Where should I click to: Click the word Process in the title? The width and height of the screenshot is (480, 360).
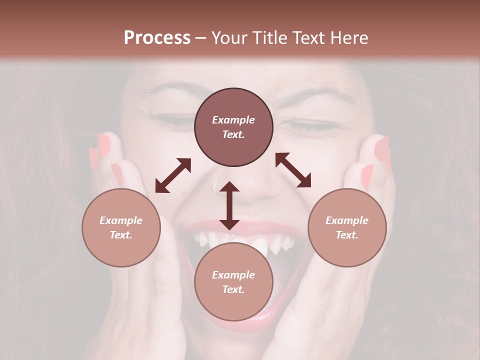pyautogui.click(x=157, y=38)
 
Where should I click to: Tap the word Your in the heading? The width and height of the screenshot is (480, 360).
pyautogui.click(x=229, y=38)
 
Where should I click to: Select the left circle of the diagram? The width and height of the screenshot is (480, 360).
pyautogui.click(x=121, y=227)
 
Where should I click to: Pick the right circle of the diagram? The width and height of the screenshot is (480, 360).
pyautogui.click(x=347, y=227)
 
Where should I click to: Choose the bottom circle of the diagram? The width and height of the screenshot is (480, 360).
pyautogui.click(x=233, y=282)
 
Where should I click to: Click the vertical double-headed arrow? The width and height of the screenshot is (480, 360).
pyautogui.click(x=229, y=205)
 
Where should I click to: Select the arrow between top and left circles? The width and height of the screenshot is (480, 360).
pyautogui.click(x=173, y=175)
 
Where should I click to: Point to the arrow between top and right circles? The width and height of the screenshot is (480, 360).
pyautogui.click(x=293, y=170)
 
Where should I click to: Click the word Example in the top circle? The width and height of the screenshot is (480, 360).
pyautogui.click(x=233, y=120)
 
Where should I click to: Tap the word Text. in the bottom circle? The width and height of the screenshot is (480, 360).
pyautogui.click(x=233, y=289)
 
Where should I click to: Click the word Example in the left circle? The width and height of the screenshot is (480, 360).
pyautogui.click(x=121, y=220)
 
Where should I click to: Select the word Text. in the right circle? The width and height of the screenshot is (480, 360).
pyautogui.click(x=347, y=235)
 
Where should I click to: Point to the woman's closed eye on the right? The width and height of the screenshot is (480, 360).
pyautogui.click(x=312, y=125)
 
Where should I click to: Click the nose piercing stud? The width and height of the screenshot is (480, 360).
pyautogui.click(x=216, y=187)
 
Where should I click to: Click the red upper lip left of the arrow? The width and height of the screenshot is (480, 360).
pyautogui.click(x=200, y=227)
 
